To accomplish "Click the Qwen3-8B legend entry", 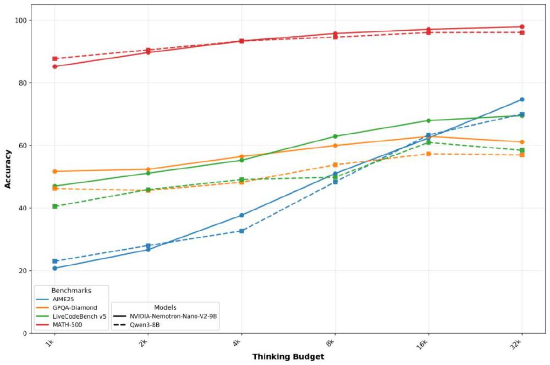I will pyautogui.click(x=144, y=325).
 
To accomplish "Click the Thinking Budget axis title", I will pyautogui.click(x=288, y=357).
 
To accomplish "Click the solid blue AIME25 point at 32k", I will pyautogui.click(x=522, y=100).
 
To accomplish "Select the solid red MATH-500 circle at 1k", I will pyautogui.click(x=55, y=67).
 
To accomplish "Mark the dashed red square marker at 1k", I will pyautogui.click(x=55, y=58).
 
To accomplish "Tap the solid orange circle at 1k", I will pyautogui.click(x=55, y=171).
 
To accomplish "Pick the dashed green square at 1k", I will pyautogui.click(x=55, y=206).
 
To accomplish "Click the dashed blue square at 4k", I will pyautogui.click(x=241, y=231).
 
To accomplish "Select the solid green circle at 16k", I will pyautogui.click(x=428, y=121).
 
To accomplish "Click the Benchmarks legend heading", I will pyautogui.click(x=71, y=290).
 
